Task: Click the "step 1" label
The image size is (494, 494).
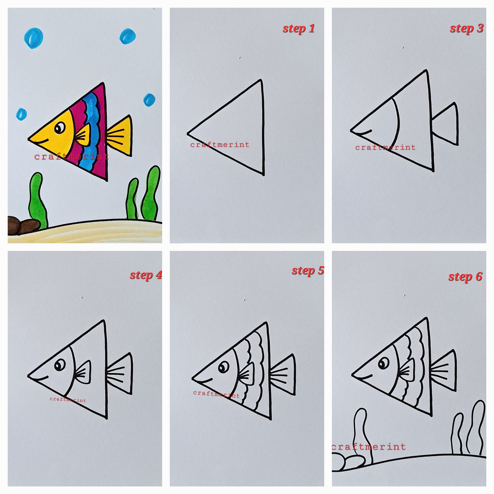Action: click(298, 29)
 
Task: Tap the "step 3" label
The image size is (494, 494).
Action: click(467, 29)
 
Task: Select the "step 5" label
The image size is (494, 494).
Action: click(308, 271)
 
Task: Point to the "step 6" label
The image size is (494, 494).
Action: click(465, 277)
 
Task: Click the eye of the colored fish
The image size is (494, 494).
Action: click(60, 128)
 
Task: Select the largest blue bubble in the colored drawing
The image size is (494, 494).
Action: click(34, 38)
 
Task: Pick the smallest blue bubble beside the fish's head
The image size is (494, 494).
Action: click(21, 114)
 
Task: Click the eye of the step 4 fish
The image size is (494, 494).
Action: click(60, 365)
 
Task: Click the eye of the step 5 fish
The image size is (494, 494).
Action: click(224, 367)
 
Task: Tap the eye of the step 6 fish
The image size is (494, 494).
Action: click(384, 363)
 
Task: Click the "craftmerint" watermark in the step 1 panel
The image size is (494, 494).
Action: click(220, 145)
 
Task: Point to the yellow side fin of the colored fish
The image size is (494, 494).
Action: click(83, 135)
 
